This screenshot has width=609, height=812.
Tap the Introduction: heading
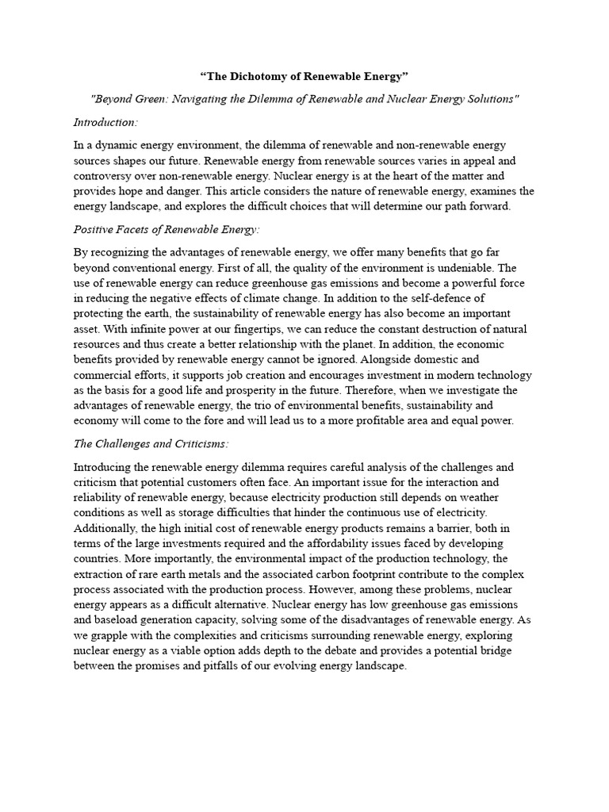click(105, 122)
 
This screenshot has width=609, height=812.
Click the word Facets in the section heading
click(136, 229)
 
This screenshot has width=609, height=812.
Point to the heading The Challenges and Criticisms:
click(151, 443)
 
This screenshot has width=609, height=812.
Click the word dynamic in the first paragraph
click(118, 146)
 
